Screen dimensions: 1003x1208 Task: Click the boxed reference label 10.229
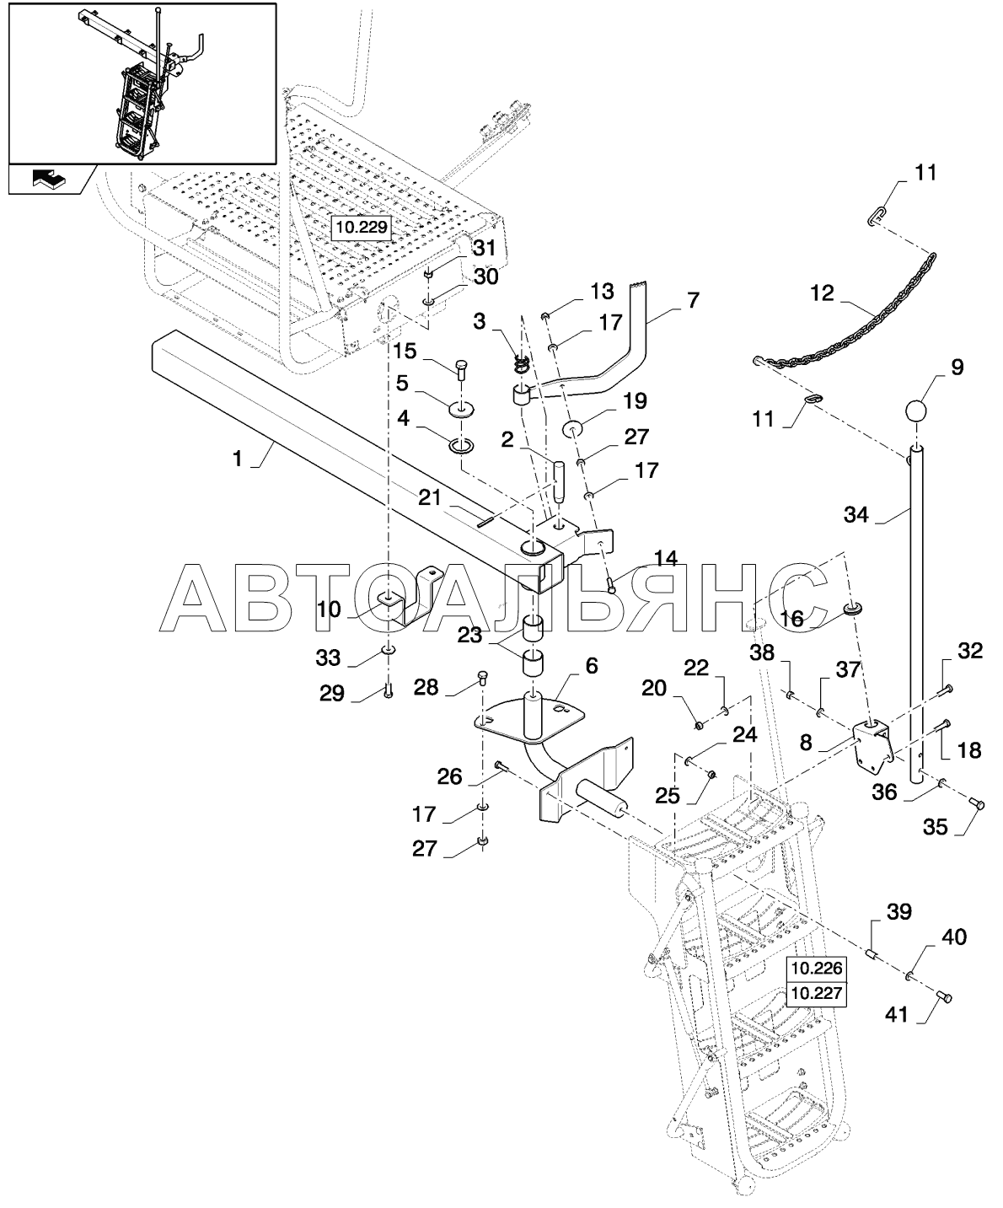pyautogui.click(x=362, y=228)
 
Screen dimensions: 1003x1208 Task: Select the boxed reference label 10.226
pyautogui.click(x=817, y=968)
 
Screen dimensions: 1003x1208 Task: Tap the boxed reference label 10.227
pyautogui.click(x=817, y=993)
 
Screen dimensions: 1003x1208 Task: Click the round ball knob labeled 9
pyautogui.click(x=915, y=412)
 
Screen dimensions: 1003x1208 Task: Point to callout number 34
pyautogui.click(x=856, y=513)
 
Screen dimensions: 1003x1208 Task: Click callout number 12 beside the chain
pyautogui.click(x=823, y=293)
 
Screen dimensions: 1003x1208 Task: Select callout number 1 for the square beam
pyautogui.click(x=237, y=459)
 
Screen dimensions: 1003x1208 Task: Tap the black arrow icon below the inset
pyautogui.click(x=49, y=179)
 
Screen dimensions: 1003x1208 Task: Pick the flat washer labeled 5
pyautogui.click(x=463, y=410)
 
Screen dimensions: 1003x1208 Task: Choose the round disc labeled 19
pyautogui.click(x=572, y=430)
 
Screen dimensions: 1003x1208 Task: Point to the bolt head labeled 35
pyautogui.click(x=976, y=803)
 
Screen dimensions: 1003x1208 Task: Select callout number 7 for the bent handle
pyautogui.click(x=693, y=300)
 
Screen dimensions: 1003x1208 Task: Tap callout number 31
pyautogui.click(x=485, y=248)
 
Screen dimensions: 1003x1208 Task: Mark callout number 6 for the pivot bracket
pyautogui.click(x=591, y=665)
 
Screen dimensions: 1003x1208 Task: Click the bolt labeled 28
pyautogui.click(x=483, y=678)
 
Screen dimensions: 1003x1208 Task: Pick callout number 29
pyautogui.click(x=332, y=693)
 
